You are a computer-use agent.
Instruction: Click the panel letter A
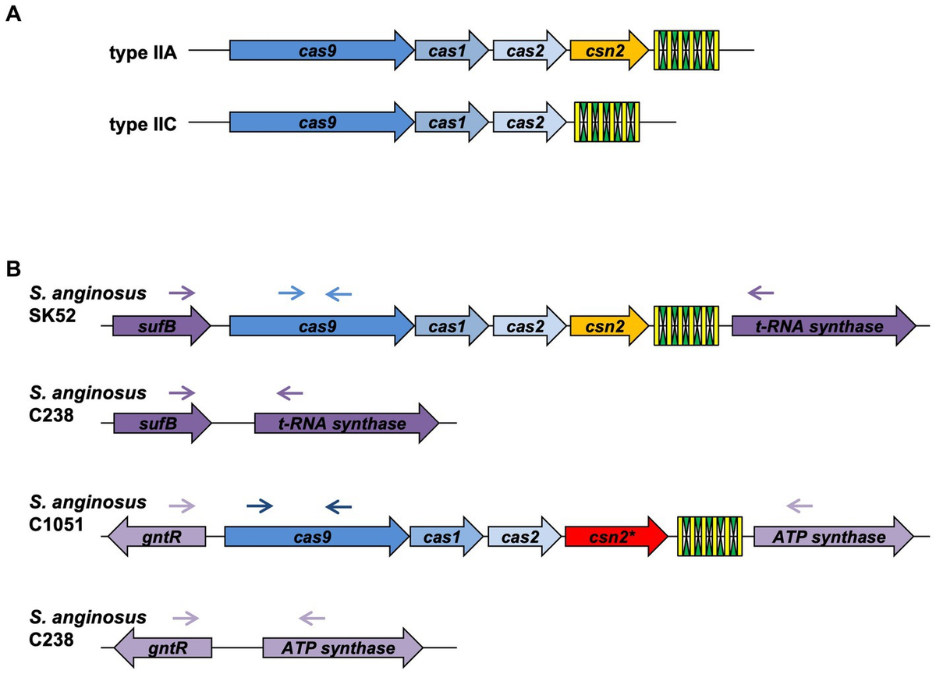click(x=13, y=15)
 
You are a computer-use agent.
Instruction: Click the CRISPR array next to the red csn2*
click(x=709, y=537)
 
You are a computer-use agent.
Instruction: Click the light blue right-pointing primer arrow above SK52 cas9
click(x=292, y=293)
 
